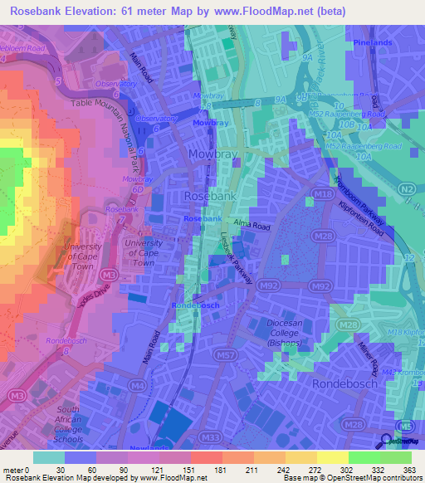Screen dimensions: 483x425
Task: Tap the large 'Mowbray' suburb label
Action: point(213,155)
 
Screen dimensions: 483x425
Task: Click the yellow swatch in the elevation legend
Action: point(332,457)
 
